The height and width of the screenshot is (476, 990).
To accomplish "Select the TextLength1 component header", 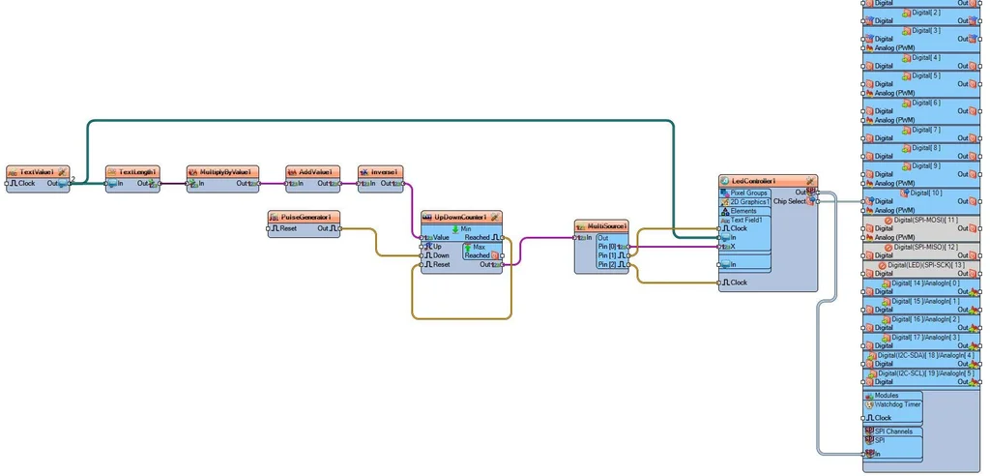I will tap(136, 171).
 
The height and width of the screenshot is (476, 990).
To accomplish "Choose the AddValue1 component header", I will tap(314, 171).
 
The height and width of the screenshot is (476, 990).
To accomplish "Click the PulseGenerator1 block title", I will tap(306, 217).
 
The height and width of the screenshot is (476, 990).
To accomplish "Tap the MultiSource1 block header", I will tap(606, 226).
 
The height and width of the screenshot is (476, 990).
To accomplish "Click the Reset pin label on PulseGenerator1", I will tap(288, 228).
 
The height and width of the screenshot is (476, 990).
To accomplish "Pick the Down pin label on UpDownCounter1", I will tap(440, 255).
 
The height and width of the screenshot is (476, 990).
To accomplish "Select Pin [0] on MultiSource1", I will tap(606, 247).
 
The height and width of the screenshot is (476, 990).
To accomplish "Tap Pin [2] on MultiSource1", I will tap(606, 264).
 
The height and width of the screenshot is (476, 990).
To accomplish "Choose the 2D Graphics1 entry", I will tap(750, 201).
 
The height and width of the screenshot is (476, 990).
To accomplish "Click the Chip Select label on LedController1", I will tap(789, 201).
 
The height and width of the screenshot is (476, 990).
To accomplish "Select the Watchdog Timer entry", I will tap(898, 404).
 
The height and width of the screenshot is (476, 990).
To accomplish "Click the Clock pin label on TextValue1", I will tap(26, 183).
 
